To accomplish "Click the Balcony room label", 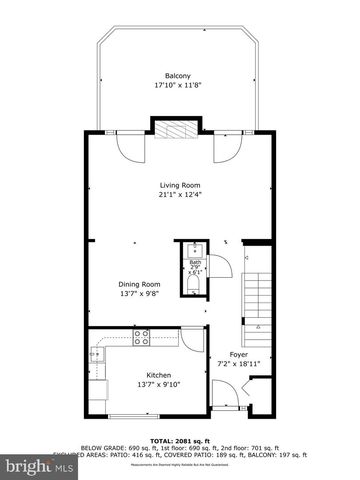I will [179, 76].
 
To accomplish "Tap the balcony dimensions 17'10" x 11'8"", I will [179, 86].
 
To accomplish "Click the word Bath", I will [195, 263].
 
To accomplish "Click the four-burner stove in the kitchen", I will [142, 338].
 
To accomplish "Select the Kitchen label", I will [145, 376].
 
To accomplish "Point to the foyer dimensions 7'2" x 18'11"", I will [238, 364].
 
